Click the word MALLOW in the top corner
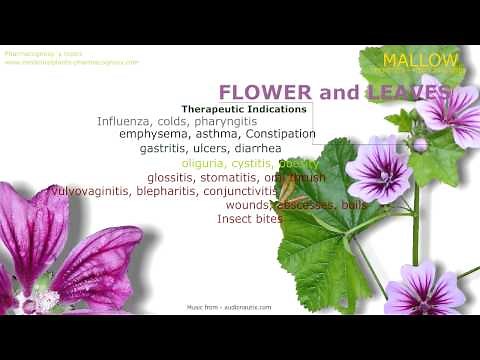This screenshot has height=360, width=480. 421,60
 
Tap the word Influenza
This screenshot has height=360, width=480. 125,121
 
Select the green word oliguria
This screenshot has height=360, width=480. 204,163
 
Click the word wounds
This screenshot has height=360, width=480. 245,205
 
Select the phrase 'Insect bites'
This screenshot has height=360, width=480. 250,218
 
